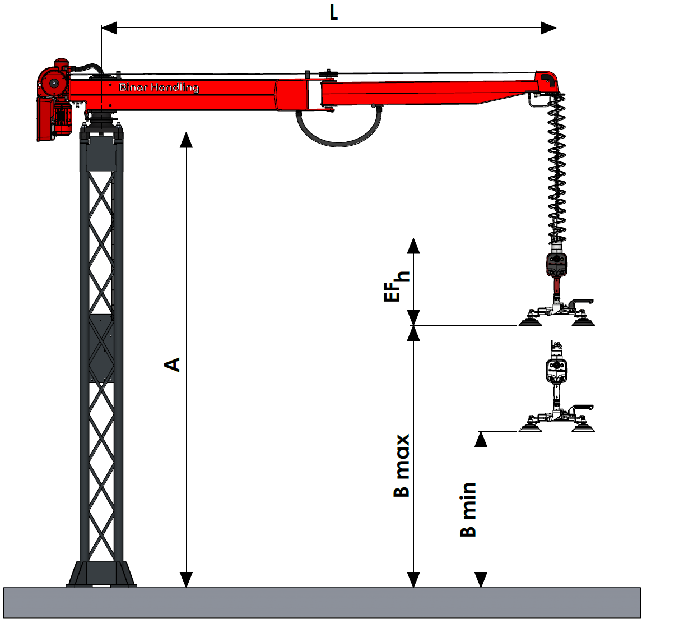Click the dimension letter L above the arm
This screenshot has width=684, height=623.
point(333,13)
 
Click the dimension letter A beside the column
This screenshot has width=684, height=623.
point(172,364)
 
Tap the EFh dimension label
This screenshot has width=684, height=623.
point(396,286)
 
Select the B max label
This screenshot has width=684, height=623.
point(401,465)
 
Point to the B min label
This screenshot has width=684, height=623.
point(468,510)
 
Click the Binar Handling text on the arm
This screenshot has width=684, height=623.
point(159,87)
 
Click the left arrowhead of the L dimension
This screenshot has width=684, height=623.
point(109,28)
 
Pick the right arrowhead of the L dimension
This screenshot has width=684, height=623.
point(548,28)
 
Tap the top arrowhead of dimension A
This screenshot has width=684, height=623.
point(186,140)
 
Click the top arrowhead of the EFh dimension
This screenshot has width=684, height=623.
point(413,246)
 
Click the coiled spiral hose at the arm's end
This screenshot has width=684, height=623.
point(557,169)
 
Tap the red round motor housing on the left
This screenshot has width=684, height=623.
point(52,84)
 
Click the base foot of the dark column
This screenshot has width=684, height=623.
point(101,574)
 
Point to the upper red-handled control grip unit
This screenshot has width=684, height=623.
point(557,265)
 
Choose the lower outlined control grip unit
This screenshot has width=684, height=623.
point(557,371)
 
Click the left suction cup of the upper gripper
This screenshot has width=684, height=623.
point(530,321)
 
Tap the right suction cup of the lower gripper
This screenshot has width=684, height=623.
point(583,427)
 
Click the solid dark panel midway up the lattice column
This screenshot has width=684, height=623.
point(101,348)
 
